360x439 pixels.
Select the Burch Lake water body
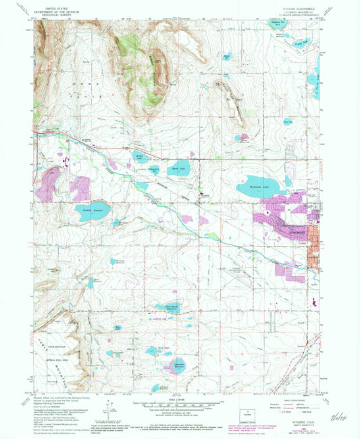pos(179,168)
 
